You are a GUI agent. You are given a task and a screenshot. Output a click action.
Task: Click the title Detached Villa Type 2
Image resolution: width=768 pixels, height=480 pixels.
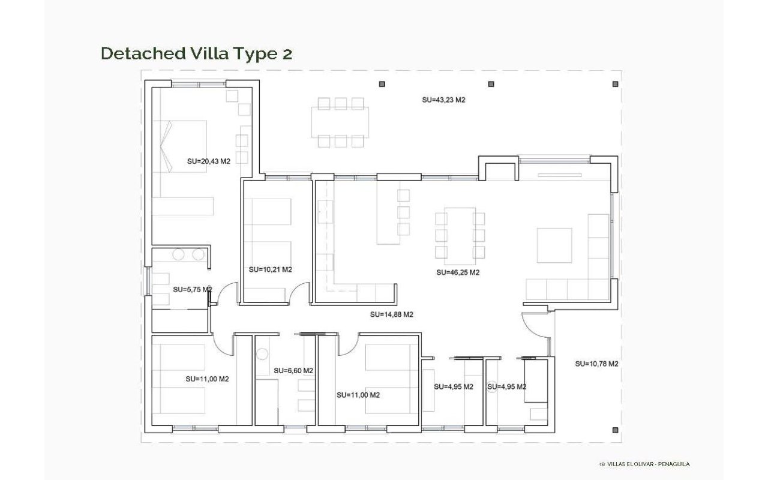(x=196, y=54)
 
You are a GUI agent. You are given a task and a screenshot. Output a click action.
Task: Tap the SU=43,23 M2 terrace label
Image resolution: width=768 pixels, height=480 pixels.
(x=443, y=100)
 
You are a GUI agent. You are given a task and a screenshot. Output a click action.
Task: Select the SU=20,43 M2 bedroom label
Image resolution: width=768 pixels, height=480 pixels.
(x=208, y=161)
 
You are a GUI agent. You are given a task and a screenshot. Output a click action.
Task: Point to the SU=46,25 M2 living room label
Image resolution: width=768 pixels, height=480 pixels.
(x=458, y=272)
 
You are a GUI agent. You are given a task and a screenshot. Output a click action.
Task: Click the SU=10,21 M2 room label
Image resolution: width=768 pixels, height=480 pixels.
(x=270, y=270)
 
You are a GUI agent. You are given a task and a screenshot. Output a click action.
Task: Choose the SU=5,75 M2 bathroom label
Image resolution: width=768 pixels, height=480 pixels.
(x=193, y=290)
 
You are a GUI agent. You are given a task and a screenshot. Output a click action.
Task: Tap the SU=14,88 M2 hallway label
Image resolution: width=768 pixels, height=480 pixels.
(x=392, y=314)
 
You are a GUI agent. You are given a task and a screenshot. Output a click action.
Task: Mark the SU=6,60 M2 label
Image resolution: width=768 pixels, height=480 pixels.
(x=293, y=371)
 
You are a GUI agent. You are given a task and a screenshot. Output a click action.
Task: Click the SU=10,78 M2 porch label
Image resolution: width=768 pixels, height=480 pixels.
(x=596, y=364)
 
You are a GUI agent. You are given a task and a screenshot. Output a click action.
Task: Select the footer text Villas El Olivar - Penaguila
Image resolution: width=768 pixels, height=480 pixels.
(x=649, y=464)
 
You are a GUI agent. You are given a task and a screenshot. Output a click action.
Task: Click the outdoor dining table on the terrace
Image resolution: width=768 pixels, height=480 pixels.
(x=340, y=122)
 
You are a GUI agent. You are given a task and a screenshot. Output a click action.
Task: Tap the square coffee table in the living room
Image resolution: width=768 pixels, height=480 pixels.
(x=554, y=245)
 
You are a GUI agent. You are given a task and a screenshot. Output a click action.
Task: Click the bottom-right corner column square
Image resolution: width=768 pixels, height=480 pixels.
(x=615, y=430)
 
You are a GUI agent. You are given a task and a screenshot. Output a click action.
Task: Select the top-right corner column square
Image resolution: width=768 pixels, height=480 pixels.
(x=615, y=84)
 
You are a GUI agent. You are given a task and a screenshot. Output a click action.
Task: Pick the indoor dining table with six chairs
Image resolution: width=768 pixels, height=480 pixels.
(x=460, y=236)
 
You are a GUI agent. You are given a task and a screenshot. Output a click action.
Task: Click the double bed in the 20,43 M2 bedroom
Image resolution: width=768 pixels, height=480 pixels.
(x=179, y=146)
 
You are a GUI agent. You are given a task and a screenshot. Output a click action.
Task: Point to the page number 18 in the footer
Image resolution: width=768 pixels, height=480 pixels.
(x=602, y=464)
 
